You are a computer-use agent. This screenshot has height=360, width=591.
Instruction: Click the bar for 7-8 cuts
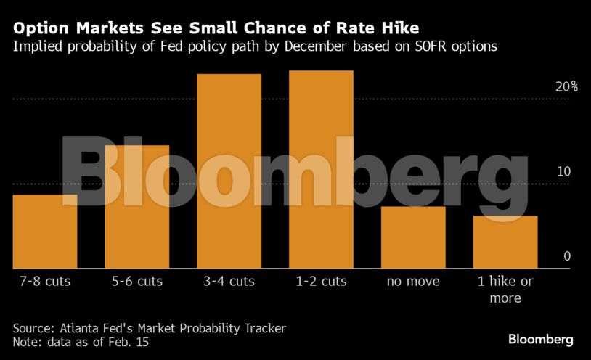click(x=45, y=231)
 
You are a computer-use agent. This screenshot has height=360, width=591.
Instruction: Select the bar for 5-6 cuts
click(x=136, y=207)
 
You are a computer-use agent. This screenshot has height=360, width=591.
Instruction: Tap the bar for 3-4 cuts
click(x=229, y=171)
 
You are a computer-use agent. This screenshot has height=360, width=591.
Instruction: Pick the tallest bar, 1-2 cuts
click(x=321, y=169)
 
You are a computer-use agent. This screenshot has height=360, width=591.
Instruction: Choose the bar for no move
click(x=413, y=237)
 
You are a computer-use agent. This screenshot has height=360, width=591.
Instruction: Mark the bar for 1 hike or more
click(x=505, y=242)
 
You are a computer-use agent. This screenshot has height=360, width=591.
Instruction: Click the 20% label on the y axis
click(x=566, y=86)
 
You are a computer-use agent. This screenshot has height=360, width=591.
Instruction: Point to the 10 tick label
click(x=564, y=171)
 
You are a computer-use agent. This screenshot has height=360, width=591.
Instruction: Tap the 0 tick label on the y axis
click(x=568, y=256)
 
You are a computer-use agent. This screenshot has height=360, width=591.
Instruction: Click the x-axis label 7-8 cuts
click(x=45, y=281)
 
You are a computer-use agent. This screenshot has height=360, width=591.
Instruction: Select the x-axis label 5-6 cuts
click(x=136, y=281)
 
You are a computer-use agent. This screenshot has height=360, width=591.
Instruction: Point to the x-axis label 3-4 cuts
click(x=229, y=281)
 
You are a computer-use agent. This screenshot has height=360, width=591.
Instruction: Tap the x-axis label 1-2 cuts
click(x=321, y=281)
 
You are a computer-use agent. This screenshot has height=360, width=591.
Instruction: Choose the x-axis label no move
click(x=413, y=281)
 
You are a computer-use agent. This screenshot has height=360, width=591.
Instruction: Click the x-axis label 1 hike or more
click(x=505, y=289)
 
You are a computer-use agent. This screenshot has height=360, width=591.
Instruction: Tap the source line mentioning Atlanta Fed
click(x=150, y=328)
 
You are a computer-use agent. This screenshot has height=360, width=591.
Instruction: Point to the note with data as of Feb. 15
click(x=81, y=342)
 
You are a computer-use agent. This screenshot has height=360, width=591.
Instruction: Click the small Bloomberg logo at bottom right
click(x=540, y=339)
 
